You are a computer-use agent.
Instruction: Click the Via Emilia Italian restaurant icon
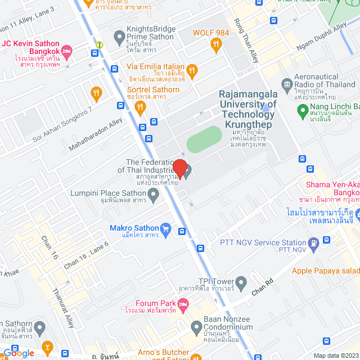(192, 70)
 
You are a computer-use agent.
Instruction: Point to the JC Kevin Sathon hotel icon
(66, 52)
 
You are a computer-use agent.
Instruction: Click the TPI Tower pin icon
(241, 281)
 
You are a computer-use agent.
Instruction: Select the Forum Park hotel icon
(183, 307)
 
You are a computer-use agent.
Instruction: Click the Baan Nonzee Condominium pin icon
(196, 326)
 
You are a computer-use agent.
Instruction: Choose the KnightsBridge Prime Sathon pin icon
(119, 38)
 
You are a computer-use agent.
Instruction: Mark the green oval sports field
(204, 139)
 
